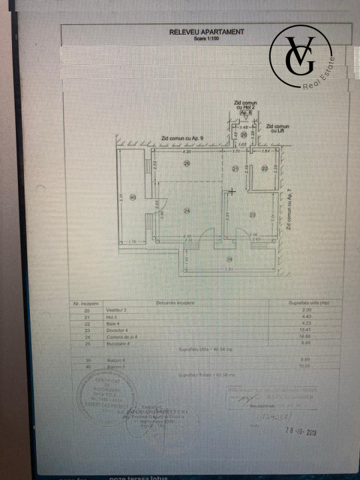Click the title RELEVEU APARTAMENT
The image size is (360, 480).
coord(207,31)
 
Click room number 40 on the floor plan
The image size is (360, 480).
coord(132,197)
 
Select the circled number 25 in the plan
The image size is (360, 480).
coord(187,163)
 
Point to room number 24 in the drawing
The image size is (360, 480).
coord(187,211)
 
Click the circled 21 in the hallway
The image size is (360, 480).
coord(235,169)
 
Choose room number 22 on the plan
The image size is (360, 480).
coord(265,169)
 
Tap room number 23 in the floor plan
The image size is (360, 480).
coord(253,214)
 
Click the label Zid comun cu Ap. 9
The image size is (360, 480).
coord(181,137)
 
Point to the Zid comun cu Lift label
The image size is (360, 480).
coord(277,128)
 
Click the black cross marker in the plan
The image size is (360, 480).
coord(231,191)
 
